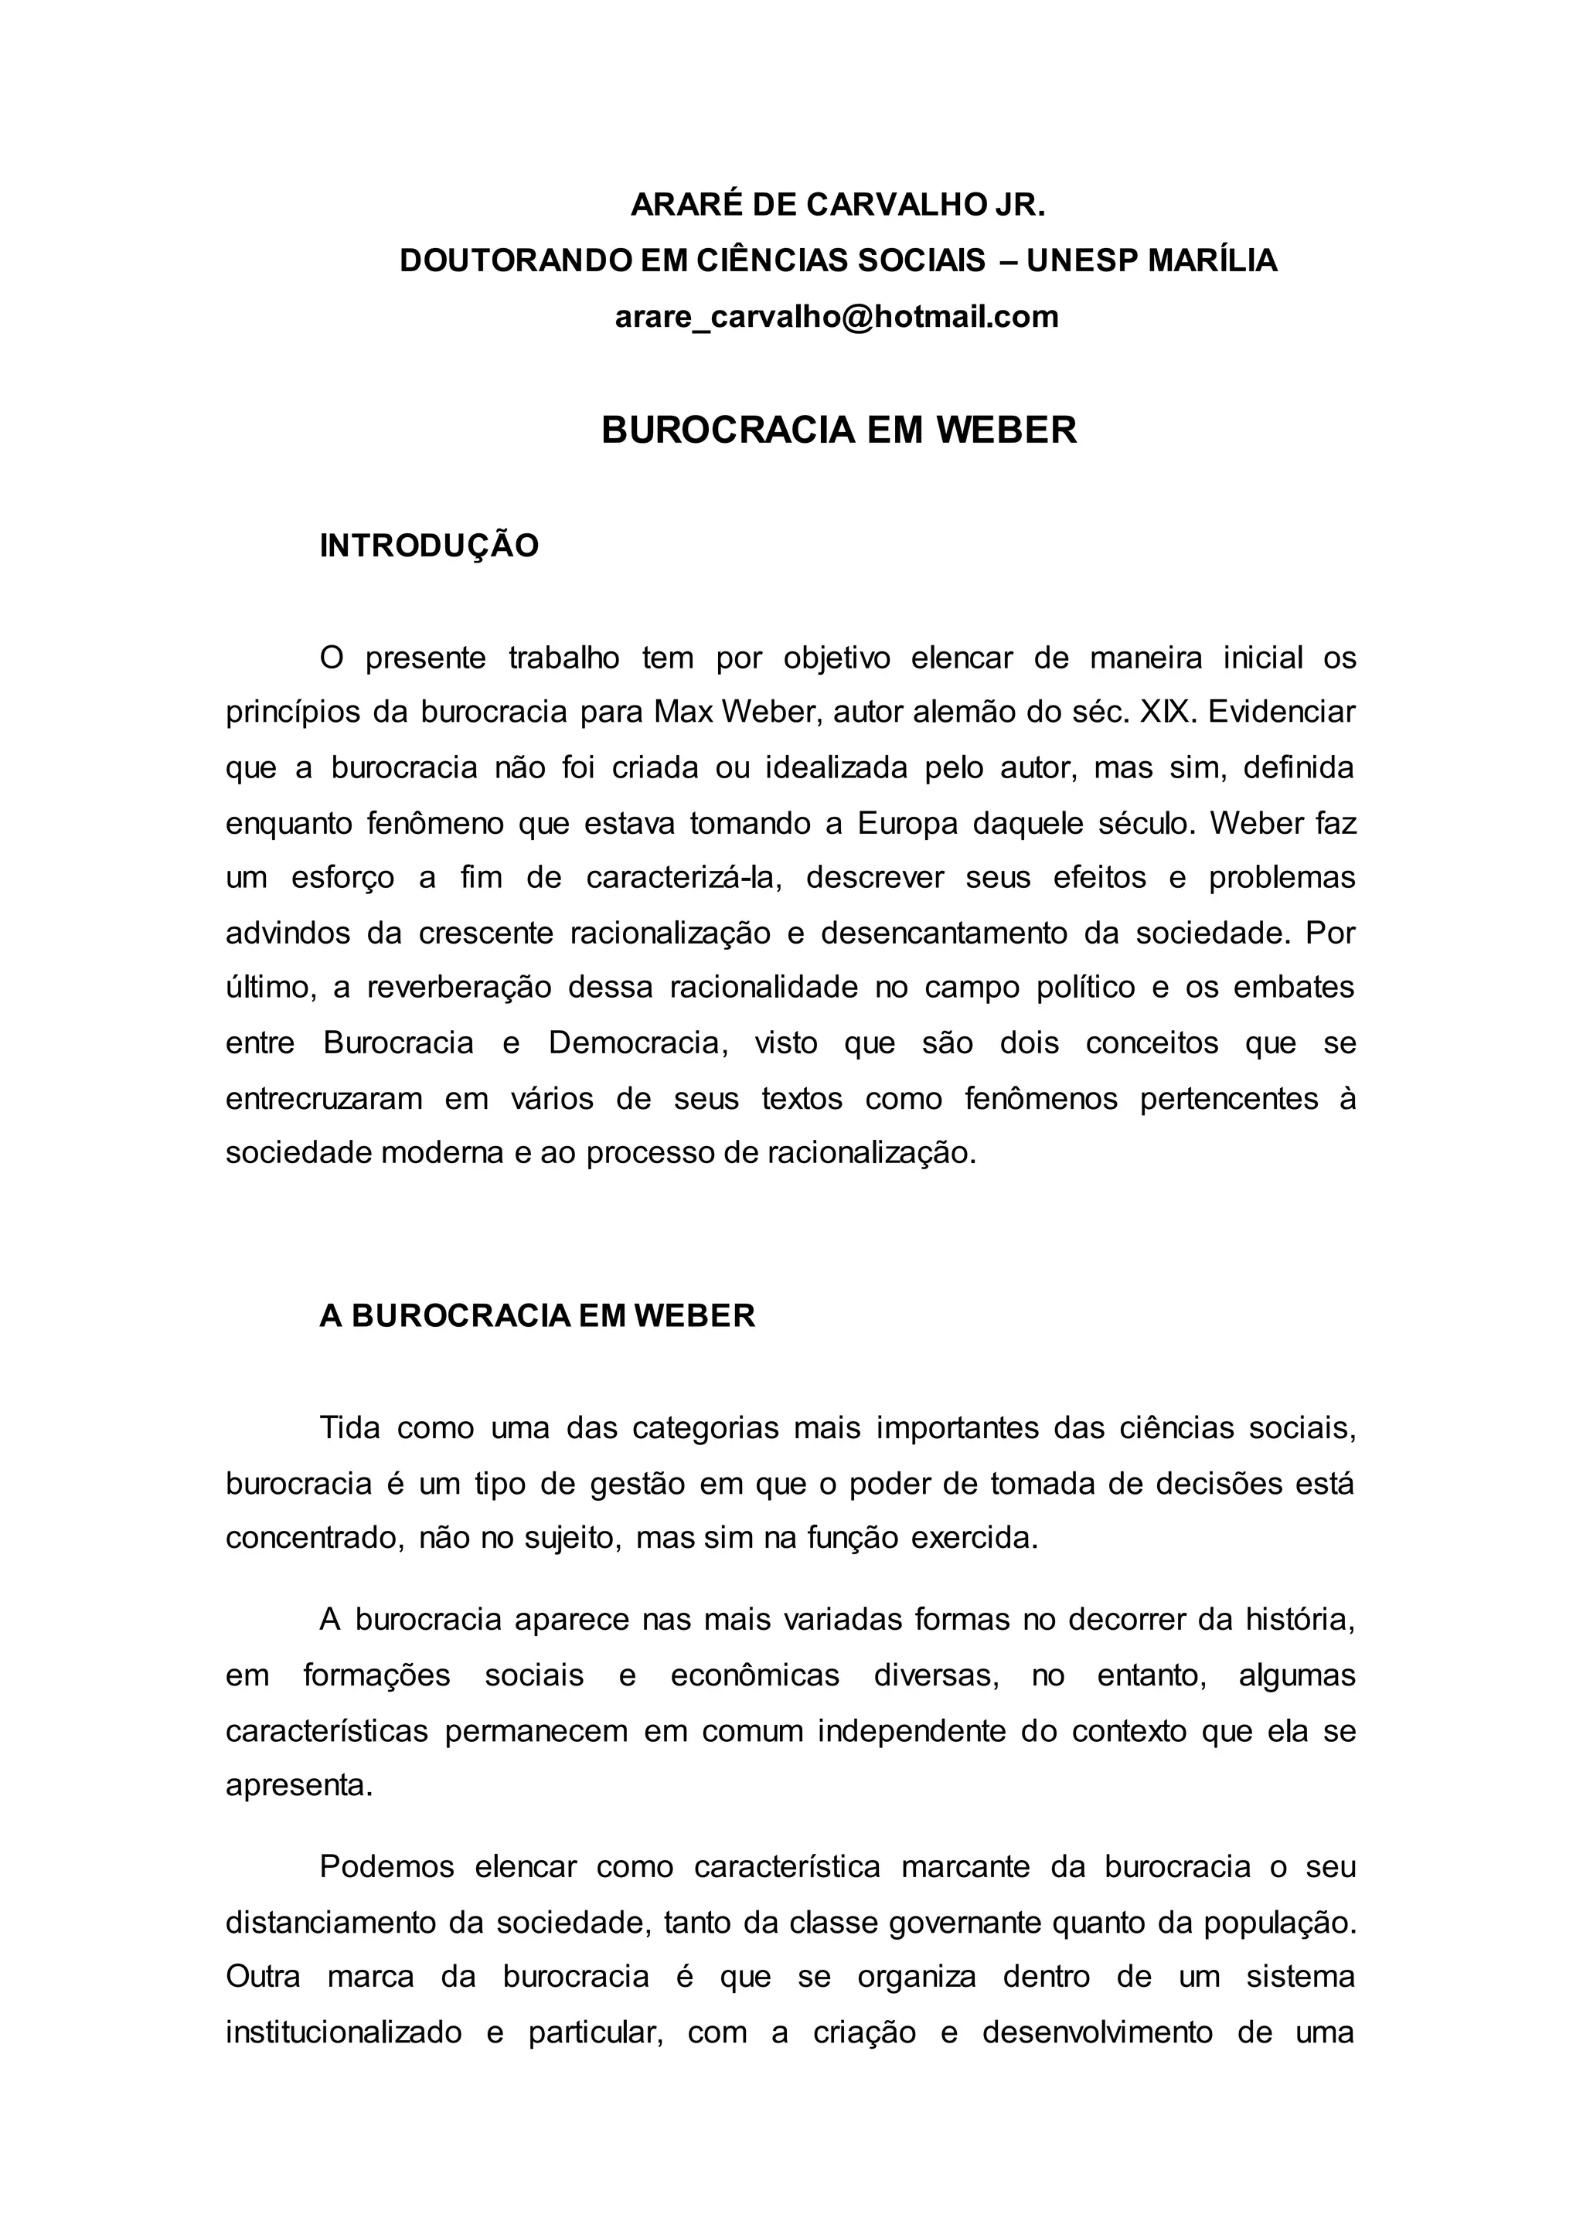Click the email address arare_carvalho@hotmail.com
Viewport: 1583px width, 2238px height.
[x=836, y=317]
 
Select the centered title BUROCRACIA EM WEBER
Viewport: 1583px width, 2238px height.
[x=839, y=430]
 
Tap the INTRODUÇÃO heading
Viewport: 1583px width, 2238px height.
[x=429, y=546]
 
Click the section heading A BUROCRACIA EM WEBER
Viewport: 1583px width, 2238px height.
[x=537, y=1316]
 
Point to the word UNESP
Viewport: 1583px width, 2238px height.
[x=1079, y=260]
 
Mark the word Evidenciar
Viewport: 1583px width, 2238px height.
[x=1281, y=713]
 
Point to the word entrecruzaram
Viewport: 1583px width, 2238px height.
[x=324, y=1099]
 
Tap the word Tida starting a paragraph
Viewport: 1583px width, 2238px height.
[x=347, y=1428]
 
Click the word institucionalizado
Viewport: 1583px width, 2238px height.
[x=344, y=2032]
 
